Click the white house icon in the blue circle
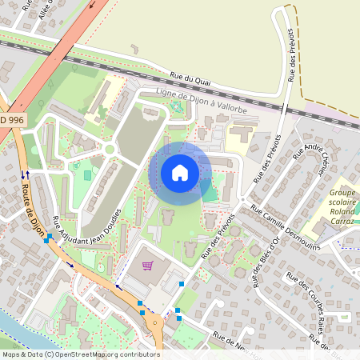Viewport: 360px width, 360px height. [x=180, y=172]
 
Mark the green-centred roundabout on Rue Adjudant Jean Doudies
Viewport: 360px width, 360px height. [x=109, y=149]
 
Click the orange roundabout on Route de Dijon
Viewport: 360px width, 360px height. [x=153, y=322]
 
